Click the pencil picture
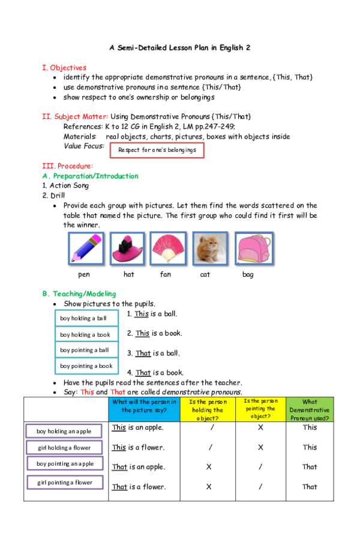86,248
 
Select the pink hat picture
127,248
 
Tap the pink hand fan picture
168,248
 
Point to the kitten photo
210,248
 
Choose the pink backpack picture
254,248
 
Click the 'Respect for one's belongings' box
157,150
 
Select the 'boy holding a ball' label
87,318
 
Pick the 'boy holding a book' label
87,334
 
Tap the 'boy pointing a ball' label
87,350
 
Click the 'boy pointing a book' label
87,366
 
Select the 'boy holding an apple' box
64,431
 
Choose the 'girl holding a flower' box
64,447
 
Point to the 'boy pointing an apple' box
65,463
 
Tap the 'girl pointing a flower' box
65,482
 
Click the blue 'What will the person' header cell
145,409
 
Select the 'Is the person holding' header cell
208,409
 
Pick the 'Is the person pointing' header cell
260,409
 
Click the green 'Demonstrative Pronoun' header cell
310,409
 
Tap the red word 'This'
88,392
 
